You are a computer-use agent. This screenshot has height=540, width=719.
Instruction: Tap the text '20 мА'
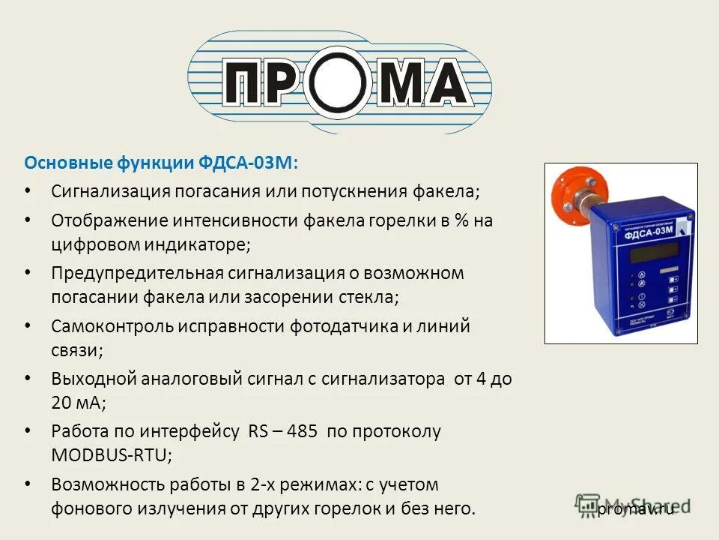click(78, 402)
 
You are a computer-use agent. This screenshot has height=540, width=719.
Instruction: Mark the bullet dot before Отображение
click(28, 220)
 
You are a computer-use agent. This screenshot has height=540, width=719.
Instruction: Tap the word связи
click(76, 349)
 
